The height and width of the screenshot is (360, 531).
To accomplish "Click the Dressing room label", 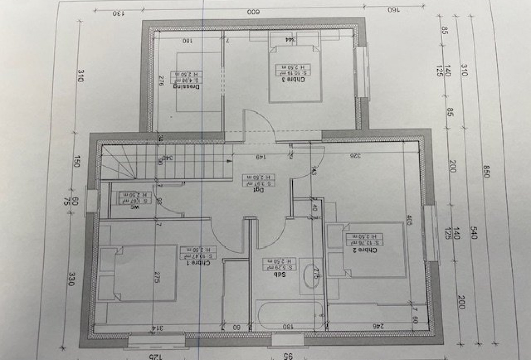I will [187, 86].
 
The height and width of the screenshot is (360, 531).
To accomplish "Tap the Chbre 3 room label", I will [295, 80].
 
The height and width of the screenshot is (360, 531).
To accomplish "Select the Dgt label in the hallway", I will [258, 190].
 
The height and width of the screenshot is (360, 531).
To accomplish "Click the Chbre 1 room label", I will [198, 262].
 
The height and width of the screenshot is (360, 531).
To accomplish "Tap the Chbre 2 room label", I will [364, 250].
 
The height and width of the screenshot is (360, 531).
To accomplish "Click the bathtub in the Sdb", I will [290, 315].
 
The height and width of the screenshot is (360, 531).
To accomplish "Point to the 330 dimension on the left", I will [71, 279].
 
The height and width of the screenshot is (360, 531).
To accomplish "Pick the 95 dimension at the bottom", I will [288, 356].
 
